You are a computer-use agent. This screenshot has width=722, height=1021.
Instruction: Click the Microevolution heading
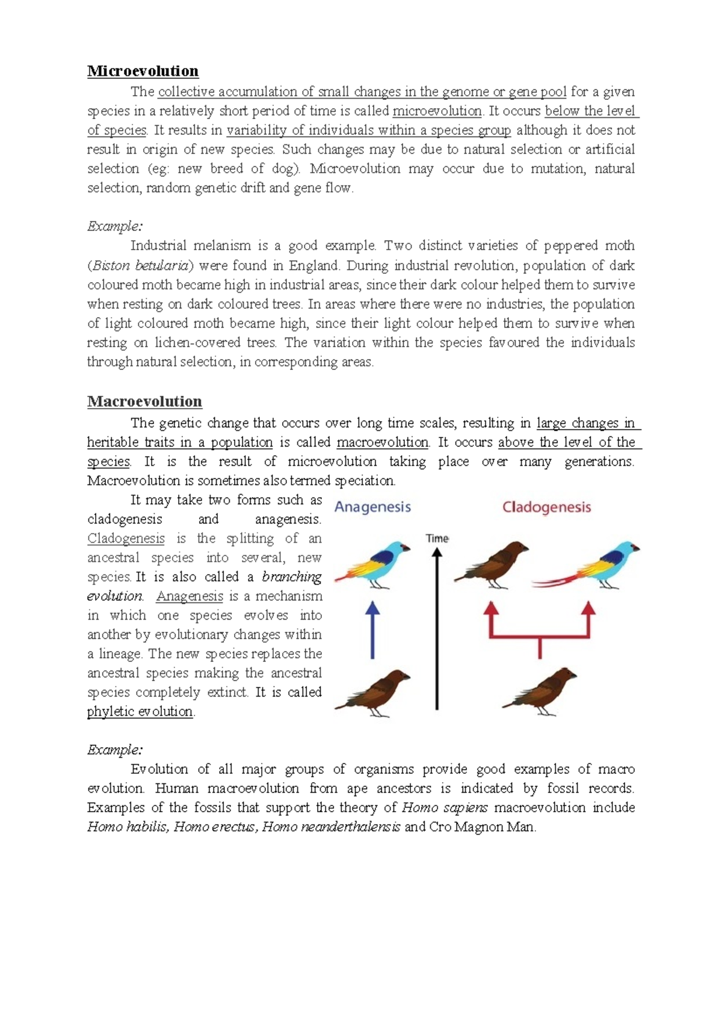pos(143,71)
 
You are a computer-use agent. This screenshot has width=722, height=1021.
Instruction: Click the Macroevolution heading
pos(144,401)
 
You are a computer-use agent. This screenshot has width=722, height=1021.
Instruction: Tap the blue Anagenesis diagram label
pos(372,507)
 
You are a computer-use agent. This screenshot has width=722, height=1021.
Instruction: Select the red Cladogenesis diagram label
pos(546,507)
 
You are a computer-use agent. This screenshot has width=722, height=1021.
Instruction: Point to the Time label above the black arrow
pos(437,538)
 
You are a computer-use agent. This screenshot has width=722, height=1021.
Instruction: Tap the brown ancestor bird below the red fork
pos(540,691)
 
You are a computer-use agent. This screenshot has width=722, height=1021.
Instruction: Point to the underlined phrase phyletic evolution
pos(140,711)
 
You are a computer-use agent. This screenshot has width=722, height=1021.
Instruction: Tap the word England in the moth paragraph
pos(313,265)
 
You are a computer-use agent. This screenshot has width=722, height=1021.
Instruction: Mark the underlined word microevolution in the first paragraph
pos(437,111)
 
